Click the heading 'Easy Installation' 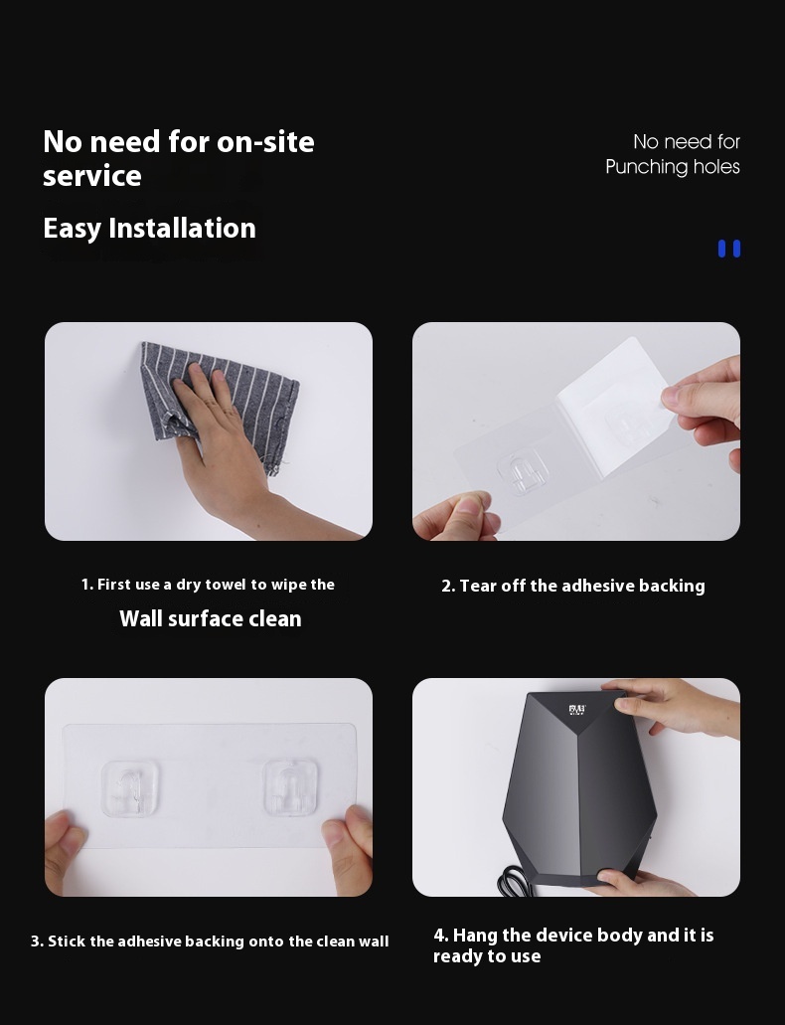tap(149, 228)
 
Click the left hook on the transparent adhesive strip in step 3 tap(130, 787)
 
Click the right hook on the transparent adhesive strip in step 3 tap(291, 787)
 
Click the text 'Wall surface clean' tap(211, 618)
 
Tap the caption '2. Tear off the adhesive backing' tap(573, 586)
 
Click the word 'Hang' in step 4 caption tap(475, 936)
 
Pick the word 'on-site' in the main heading tap(265, 142)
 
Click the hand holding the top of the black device tap(674, 709)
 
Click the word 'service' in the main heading tap(92, 177)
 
